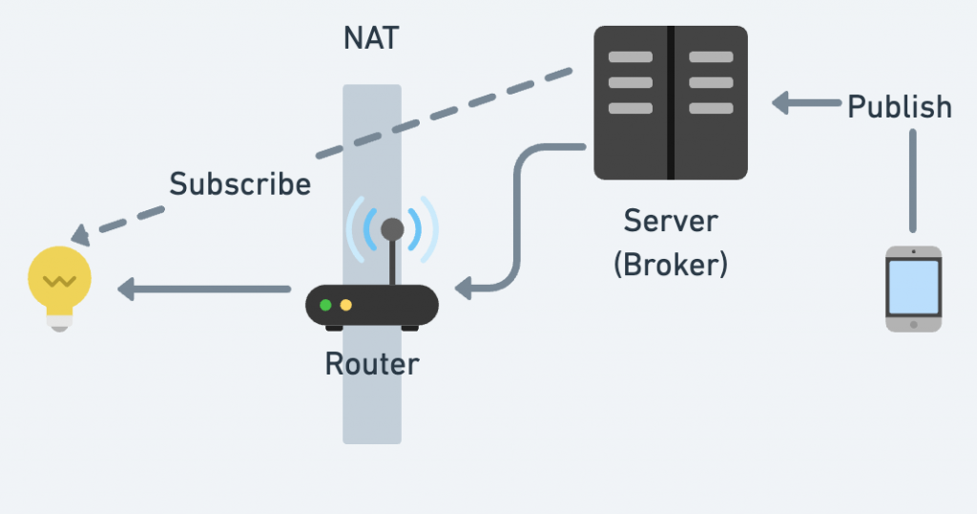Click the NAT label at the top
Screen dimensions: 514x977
tap(371, 39)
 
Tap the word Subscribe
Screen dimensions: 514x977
tap(239, 183)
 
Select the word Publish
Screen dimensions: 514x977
tap(900, 106)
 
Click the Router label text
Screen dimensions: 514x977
tap(371, 364)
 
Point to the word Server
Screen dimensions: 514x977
tap(670, 222)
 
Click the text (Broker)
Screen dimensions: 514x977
tap(670, 264)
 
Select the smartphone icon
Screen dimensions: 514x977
tap(913, 289)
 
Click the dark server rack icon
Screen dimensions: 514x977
tap(670, 103)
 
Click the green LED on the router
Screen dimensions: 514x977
tap(326, 306)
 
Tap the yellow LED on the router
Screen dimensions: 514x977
tap(345, 306)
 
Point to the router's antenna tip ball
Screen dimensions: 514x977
tap(392, 228)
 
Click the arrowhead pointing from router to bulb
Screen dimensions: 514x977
tap(125, 289)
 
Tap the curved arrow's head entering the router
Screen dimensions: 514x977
tap(462, 289)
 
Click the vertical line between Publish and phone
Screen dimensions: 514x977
tap(913, 182)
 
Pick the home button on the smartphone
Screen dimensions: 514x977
tap(913, 325)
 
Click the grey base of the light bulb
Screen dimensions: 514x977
tap(59, 322)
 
